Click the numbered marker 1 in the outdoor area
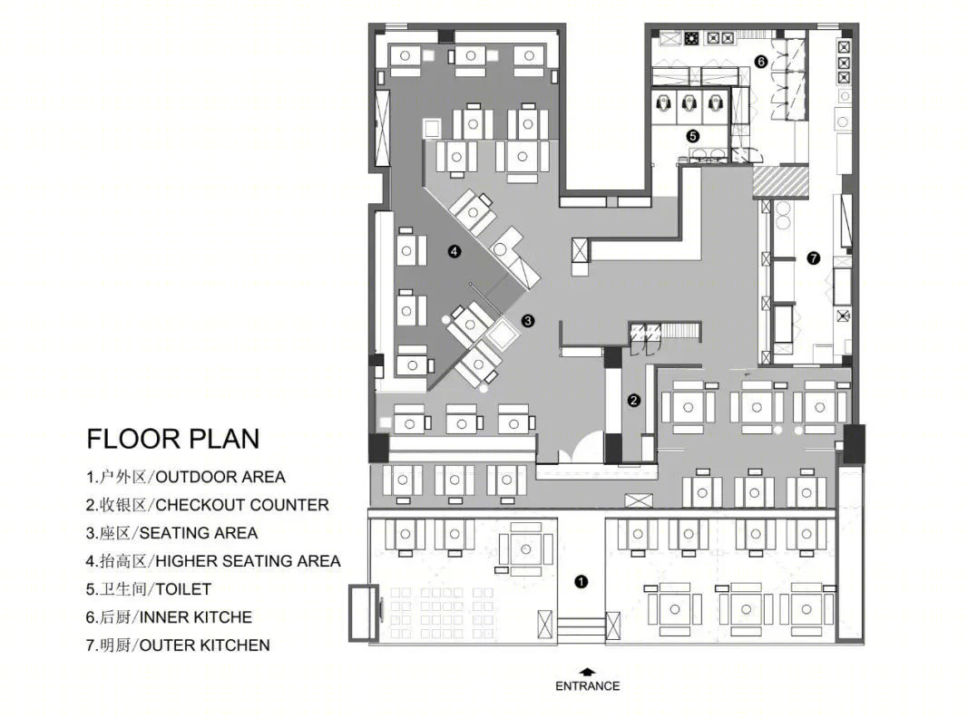[581, 581]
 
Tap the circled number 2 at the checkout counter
[634, 401]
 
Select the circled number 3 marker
[527, 321]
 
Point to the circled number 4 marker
[454, 251]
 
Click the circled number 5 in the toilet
[692, 136]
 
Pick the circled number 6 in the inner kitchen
[761, 62]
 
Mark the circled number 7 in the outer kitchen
[814, 258]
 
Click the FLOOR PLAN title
[173, 439]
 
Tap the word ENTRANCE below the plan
[587, 686]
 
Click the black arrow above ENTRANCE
[588, 672]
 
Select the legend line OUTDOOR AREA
[186, 477]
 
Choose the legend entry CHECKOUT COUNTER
[207, 505]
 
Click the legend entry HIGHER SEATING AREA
[213, 561]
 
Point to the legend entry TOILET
[149, 589]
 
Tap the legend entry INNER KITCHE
[169, 617]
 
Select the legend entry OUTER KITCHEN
[178, 645]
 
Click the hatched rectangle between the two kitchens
[780, 182]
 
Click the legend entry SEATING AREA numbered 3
[171, 533]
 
